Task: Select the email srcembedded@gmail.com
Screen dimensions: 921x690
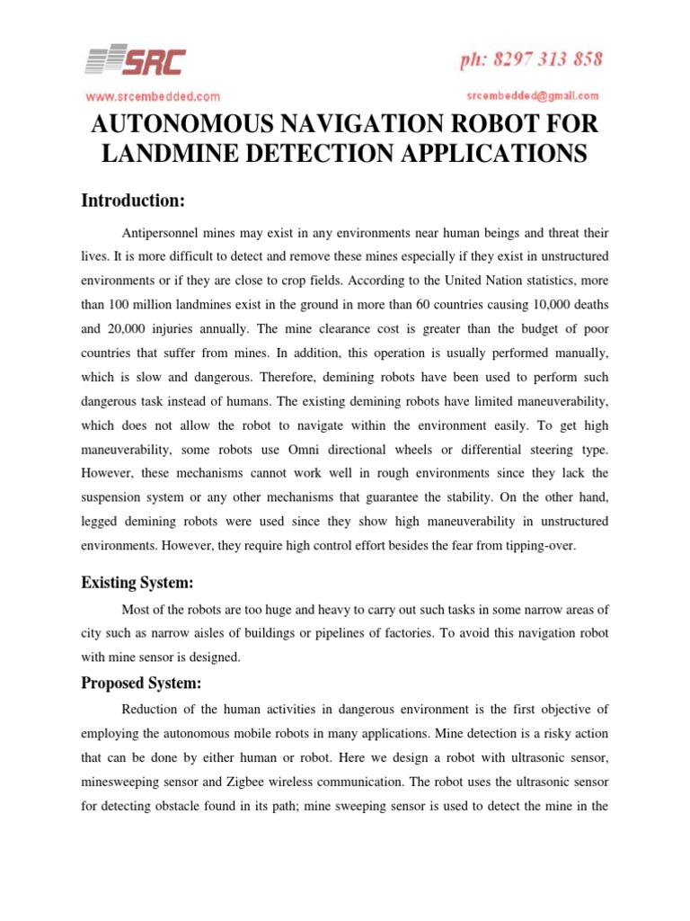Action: click(533, 94)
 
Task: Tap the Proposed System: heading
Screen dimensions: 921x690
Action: click(140, 683)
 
